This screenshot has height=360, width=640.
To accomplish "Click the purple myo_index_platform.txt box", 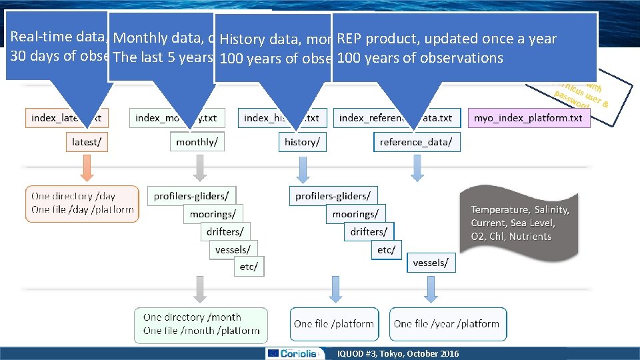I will pos(528,118).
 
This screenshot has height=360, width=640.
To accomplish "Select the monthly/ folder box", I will pos(196,141).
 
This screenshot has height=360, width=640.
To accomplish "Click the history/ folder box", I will pos(302,141).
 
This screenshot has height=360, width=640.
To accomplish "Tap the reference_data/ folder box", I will pos(416,141).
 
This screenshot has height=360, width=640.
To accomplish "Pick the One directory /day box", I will pos(82,203).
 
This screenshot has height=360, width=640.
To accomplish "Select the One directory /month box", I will pos(201,324).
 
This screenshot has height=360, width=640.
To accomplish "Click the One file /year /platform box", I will pos(447,324).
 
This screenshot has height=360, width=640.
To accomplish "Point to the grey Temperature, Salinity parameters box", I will pos(519,223).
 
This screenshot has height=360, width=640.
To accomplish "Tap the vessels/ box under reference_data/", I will pos(431,263).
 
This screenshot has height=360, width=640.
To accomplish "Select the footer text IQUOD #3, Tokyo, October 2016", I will pos(399,353).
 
